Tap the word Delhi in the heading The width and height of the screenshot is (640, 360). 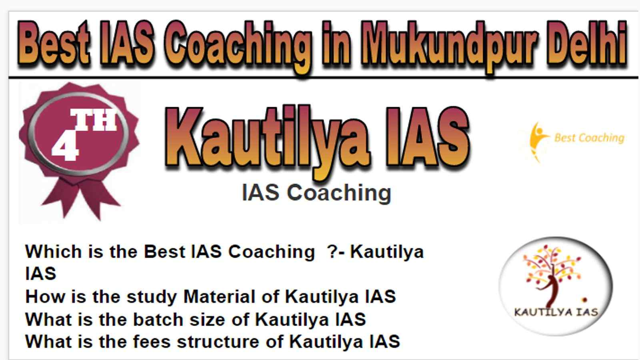[588, 43]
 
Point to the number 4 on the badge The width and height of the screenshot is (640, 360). [65, 148]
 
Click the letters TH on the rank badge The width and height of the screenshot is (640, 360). [94, 120]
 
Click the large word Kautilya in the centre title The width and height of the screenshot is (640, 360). [267, 140]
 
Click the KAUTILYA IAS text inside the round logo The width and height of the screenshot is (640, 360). [556, 312]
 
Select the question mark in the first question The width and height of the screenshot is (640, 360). [332, 252]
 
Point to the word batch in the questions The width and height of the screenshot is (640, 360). [158, 319]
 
